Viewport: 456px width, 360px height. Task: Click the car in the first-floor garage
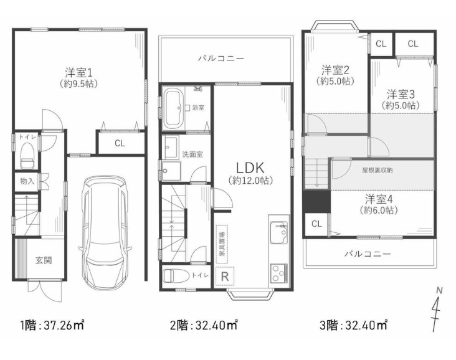point(104,232)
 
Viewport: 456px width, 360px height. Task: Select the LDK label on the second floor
point(250,168)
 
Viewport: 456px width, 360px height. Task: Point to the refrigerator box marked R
point(225,277)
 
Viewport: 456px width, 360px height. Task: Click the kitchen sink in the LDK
point(279,232)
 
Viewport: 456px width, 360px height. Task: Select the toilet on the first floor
point(27,154)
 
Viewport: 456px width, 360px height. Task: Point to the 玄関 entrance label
point(44,260)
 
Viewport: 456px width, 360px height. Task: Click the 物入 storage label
point(27,181)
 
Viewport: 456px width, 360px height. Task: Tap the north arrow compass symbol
point(436,309)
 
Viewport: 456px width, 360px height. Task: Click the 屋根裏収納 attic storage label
point(377,170)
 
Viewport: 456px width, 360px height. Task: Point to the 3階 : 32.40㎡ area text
point(353,325)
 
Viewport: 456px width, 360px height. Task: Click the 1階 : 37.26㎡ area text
point(52,325)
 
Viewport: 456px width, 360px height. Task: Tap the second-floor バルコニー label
point(221,58)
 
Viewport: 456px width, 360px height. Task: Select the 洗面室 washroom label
point(192,154)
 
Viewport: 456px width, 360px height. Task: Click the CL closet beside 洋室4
point(316,224)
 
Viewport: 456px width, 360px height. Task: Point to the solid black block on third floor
point(316,202)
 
